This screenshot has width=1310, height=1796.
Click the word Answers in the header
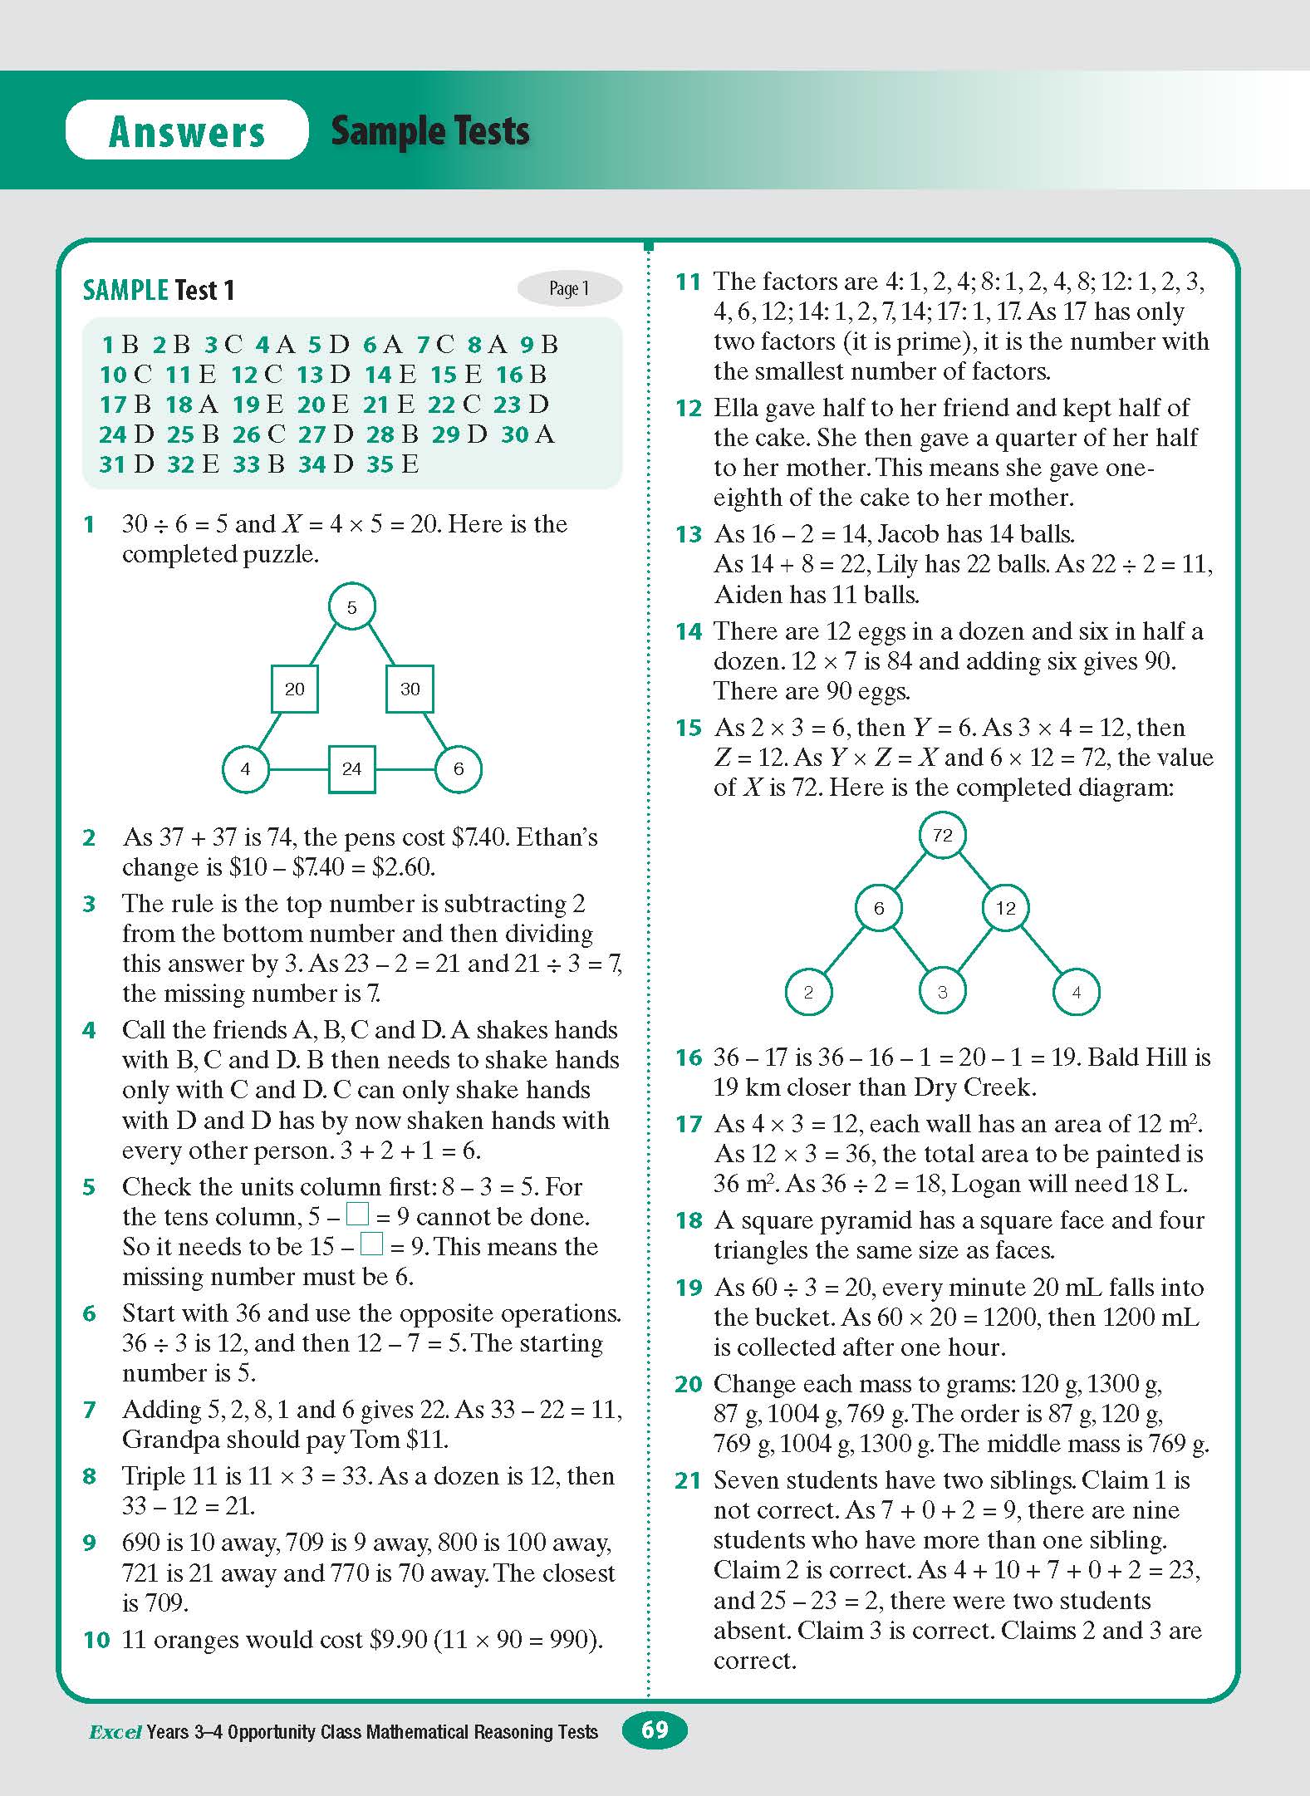[187, 131]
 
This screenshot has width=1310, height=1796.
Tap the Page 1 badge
[569, 288]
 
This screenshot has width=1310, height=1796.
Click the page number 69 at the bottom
[655, 1730]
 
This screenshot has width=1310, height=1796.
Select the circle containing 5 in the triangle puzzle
[351, 607]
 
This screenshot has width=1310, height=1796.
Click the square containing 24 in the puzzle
[351, 768]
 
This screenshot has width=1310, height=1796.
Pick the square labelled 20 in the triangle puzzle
[295, 689]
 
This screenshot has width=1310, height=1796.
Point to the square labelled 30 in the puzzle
[410, 689]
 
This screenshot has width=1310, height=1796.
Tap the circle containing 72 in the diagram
[943, 835]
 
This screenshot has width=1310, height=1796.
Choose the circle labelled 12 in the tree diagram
[1005, 908]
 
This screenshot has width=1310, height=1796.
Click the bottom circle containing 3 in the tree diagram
[942, 992]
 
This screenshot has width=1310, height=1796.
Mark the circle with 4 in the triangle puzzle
[245, 768]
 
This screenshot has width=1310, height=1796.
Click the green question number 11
[689, 282]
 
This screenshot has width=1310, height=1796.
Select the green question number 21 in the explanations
[689, 1481]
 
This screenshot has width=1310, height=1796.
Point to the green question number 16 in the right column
[689, 1058]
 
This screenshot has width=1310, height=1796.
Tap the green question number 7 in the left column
[90, 1411]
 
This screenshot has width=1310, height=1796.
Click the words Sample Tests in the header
[430, 131]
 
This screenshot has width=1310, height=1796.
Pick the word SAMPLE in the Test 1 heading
[125, 290]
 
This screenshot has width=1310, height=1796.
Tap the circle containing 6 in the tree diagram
[879, 908]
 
